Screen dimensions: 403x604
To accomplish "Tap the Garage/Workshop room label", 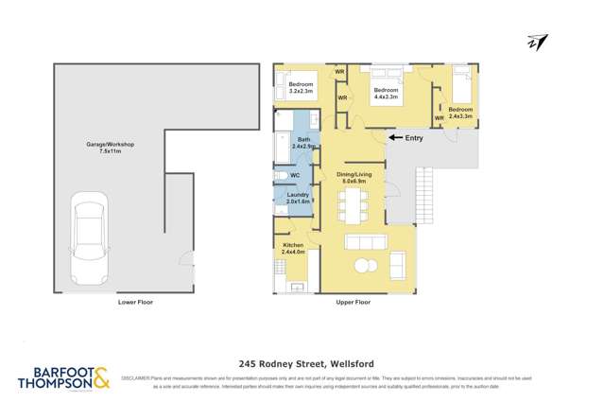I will coord(110,148).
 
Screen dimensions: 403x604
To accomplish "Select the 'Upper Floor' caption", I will coord(353,303).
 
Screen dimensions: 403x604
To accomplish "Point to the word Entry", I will coord(414,138).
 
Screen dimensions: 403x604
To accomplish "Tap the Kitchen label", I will coord(294,248).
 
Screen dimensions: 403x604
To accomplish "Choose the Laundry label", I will coord(298,198).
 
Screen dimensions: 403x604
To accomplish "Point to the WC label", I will coord(295,176).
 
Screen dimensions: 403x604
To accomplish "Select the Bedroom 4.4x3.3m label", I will coord(387,93).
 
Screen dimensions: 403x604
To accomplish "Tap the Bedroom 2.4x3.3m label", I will coord(460,113).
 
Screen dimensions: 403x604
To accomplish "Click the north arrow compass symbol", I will coord(538,43).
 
